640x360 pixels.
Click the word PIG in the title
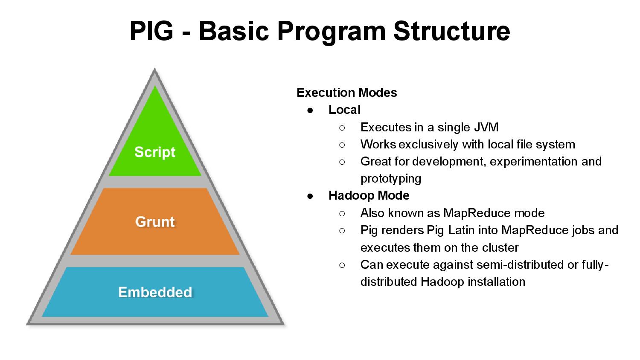pos(151,31)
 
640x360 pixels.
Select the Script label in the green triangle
pos(155,152)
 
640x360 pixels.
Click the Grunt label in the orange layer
pos(155,222)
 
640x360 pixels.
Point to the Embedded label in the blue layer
pos(155,292)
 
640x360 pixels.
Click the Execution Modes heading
pos(346,93)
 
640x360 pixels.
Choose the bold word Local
pos(344,110)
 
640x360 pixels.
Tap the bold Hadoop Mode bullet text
pos(369,195)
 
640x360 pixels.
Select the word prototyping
pos(390,178)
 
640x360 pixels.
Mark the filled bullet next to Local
pos(310,110)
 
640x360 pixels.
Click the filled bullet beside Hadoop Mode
pos(310,196)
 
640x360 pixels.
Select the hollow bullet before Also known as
pos(342,213)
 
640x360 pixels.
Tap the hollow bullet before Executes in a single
pos(342,128)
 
